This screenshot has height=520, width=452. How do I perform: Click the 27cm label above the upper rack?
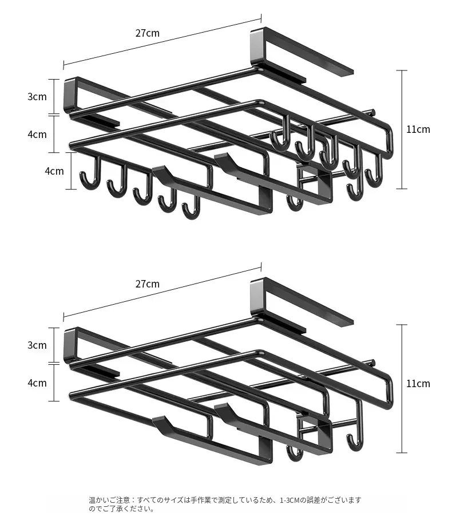tap(147, 33)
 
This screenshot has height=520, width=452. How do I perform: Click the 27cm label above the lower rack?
tap(147, 284)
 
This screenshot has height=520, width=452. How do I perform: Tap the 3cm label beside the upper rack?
tap(37, 97)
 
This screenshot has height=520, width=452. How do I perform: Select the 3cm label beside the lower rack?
tap(37, 345)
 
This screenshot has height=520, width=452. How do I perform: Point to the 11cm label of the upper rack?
tap(418, 129)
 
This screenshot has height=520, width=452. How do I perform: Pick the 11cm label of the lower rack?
tap(418, 383)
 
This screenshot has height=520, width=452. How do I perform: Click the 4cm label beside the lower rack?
tap(37, 383)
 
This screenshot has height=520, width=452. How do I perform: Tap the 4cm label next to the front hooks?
tap(54, 171)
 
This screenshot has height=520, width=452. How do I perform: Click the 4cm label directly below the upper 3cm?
tap(37, 135)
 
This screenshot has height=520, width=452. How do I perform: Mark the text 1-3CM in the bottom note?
tap(290, 500)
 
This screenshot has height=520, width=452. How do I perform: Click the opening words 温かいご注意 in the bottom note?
tap(109, 500)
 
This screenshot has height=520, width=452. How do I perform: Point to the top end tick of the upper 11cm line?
tap(402, 70)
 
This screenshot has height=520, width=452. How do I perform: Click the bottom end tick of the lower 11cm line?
tap(402, 452)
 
